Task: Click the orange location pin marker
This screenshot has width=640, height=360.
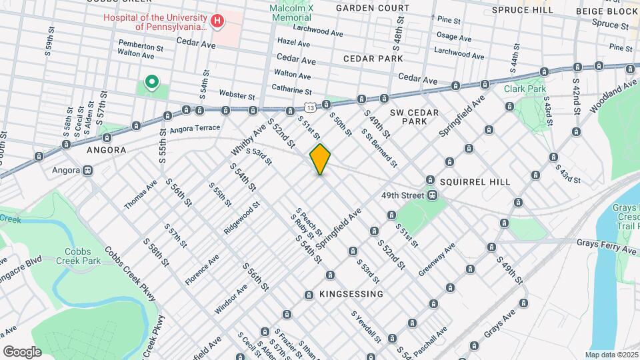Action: pos(320,159)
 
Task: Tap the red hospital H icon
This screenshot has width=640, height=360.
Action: pos(217,22)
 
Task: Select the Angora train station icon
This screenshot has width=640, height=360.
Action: pos(88,170)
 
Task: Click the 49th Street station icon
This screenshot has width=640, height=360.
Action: pos(433,195)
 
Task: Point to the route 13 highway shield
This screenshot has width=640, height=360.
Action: pos(310,107)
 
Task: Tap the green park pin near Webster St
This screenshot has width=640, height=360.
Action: pos(152,83)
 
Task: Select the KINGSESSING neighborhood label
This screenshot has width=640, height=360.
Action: pos(351,294)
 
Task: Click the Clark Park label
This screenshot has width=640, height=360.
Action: pos(525,89)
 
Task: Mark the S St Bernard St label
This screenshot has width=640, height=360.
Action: pos(379,147)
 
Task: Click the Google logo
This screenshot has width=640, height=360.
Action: pos(21,352)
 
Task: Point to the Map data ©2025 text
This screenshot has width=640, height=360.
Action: pos(611,355)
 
